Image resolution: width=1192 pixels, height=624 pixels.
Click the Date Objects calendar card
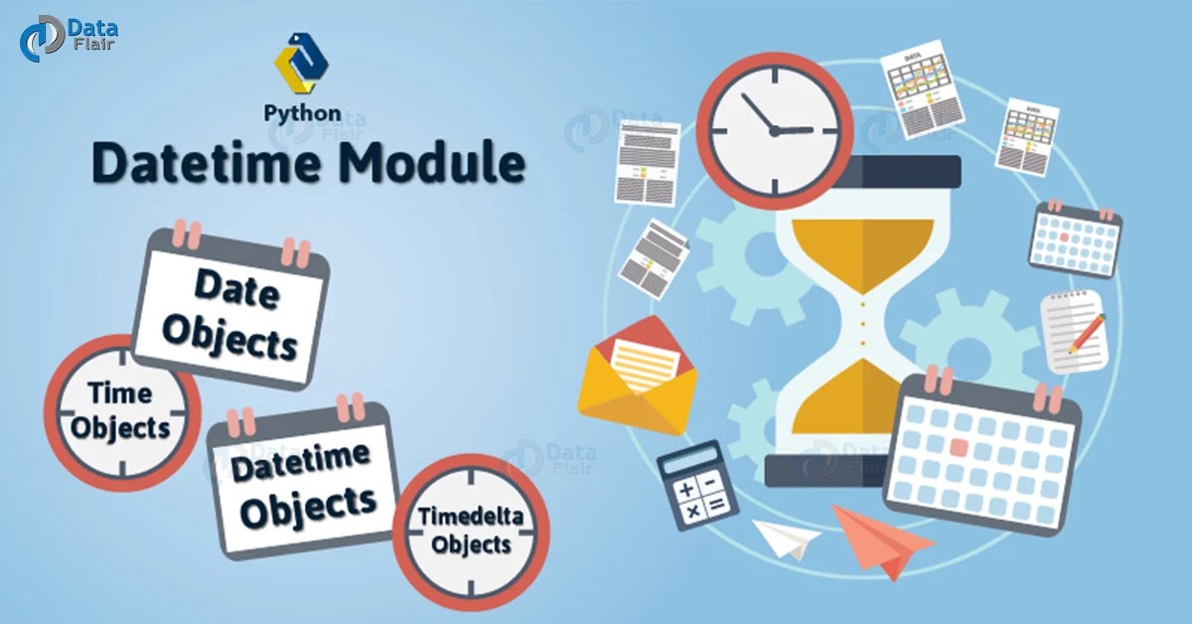click(x=231, y=309)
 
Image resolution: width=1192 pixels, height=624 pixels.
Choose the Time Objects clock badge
click(x=120, y=409)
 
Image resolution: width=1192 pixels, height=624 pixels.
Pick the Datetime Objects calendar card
click(x=303, y=483)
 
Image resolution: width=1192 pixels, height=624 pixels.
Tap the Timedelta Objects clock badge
click(x=471, y=531)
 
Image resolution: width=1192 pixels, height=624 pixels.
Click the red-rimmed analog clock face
click(x=774, y=130)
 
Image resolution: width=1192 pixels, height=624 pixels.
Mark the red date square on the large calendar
click(x=958, y=446)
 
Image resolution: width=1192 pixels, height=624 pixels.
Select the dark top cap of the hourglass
click(x=861, y=171)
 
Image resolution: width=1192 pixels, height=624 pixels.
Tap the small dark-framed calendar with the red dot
click(x=1075, y=239)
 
